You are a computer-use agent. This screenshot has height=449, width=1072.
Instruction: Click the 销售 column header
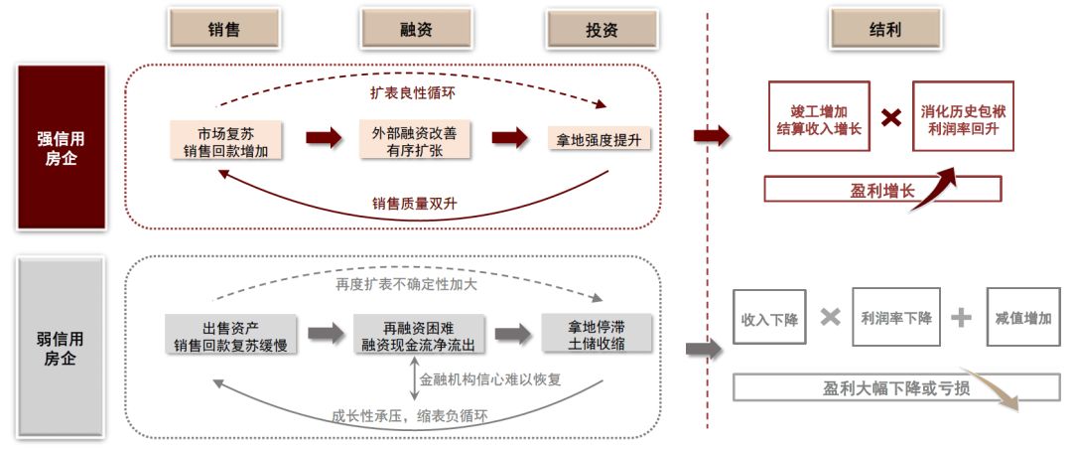(x=224, y=30)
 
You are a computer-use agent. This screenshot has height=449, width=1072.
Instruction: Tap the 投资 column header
(x=602, y=30)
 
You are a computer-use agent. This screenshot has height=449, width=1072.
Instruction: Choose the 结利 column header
(x=884, y=30)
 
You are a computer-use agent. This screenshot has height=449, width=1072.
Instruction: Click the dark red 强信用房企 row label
(x=61, y=145)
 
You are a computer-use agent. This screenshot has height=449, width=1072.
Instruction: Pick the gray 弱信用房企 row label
(x=61, y=346)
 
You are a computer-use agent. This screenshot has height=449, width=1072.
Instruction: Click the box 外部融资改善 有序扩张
(x=415, y=140)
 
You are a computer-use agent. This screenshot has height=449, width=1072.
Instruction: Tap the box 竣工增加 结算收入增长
(x=820, y=118)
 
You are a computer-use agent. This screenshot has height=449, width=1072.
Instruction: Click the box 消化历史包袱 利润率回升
(x=963, y=118)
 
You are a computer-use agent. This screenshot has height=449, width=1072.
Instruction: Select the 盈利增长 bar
(x=882, y=190)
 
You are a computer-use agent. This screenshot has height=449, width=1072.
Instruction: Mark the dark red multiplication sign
(x=891, y=117)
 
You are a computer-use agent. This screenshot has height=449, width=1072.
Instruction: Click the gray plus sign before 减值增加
(x=961, y=318)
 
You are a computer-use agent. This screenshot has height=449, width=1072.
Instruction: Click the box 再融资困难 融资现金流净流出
(x=416, y=335)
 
